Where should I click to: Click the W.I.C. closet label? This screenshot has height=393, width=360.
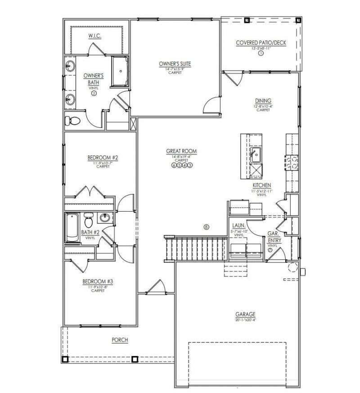click(94, 36)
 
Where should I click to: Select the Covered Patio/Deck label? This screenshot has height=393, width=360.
click(261, 43)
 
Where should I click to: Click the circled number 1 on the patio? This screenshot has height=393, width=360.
click(261, 53)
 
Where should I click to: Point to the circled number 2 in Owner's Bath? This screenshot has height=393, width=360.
click(94, 94)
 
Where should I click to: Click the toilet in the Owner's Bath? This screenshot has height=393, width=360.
click(72, 121)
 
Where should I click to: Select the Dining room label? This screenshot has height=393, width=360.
click(263, 101)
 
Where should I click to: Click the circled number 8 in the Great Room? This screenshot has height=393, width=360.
click(207, 227)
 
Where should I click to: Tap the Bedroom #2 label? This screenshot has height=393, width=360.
click(103, 158)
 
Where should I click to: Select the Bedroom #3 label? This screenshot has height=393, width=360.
click(98, 282)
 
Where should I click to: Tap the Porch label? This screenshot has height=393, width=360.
click(120, 340)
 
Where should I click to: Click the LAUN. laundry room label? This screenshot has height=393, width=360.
click(238, 225)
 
